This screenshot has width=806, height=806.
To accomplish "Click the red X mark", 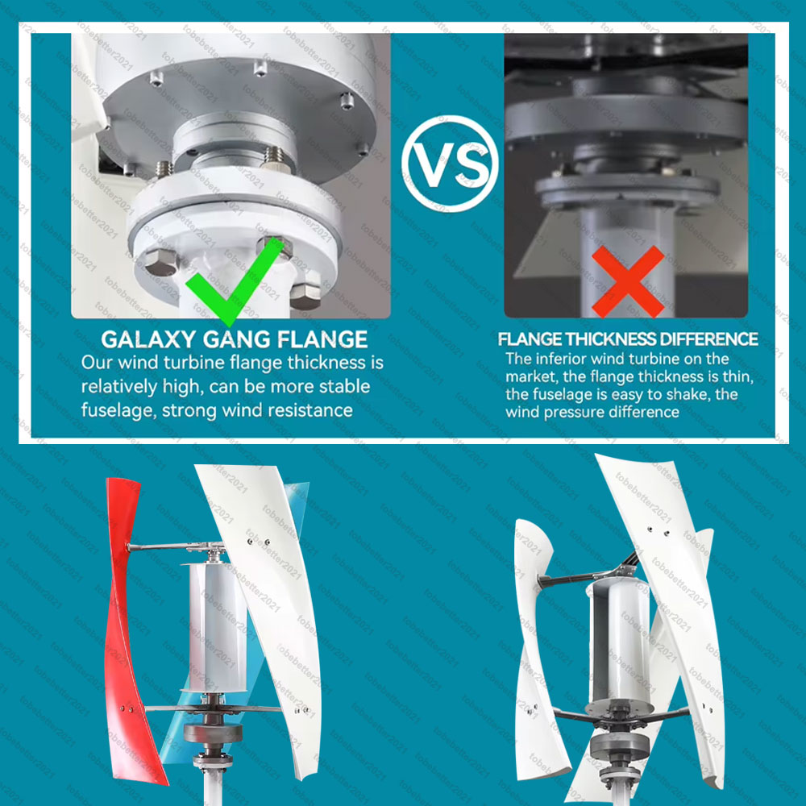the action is (x=628, y=281).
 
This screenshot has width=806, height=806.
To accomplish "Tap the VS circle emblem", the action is (x=451, y=164).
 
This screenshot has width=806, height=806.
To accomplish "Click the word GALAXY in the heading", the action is (x=148, y=339).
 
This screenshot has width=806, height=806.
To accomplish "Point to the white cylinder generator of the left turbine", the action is (x=218, y=628).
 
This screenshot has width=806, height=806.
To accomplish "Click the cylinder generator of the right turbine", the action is (x=620, y=642).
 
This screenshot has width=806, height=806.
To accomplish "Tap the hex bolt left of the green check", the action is (x=159, y=263).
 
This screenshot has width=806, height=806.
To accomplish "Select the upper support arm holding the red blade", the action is (x=169, y=547).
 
